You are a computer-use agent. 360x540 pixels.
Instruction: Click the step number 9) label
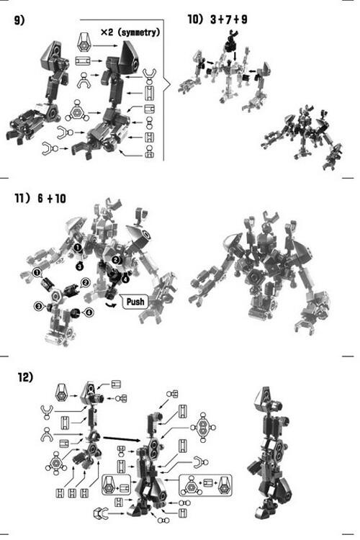point(19,20)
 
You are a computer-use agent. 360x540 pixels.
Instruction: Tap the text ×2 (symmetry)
point(130,32)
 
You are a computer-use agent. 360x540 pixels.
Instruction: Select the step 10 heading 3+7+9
point(229,19)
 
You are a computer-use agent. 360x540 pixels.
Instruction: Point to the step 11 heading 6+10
point(52,199)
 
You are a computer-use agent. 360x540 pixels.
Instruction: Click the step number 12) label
point(25,377)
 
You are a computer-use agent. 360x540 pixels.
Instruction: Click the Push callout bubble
point(135,302)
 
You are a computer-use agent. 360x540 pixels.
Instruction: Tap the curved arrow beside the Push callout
point(111,304)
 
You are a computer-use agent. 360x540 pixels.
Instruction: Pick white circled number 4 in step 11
point(89,312)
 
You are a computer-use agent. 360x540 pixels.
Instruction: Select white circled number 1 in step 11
point(36,273)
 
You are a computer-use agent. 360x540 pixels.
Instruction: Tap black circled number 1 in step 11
point(78,247)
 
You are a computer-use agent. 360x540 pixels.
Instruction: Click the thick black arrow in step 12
point(122,438)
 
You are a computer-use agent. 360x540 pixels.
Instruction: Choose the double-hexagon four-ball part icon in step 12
point(203,428)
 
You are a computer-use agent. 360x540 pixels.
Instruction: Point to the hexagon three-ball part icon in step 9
point(77,111)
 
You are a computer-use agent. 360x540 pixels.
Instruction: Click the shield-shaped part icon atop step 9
point(84,42)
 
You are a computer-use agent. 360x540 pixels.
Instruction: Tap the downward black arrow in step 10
point(235,55)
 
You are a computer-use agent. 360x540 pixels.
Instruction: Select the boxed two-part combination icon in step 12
point(117,485)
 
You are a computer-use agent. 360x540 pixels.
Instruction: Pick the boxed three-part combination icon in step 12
point(205,485)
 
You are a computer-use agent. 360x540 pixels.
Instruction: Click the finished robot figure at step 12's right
point(272,454)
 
